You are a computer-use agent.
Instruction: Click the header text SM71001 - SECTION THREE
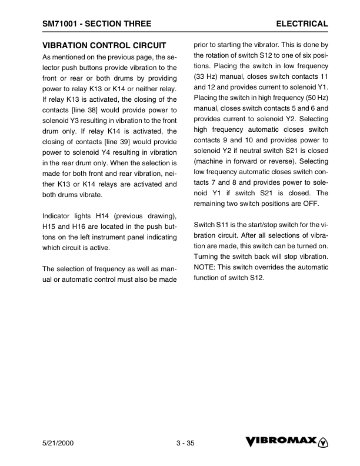click(96, 24)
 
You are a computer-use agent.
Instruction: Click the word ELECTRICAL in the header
click(302, 24)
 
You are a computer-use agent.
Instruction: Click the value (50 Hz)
click(315, 99)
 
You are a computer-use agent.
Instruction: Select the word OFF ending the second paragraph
click(298, 203)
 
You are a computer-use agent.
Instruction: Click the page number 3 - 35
click(185, 443)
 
